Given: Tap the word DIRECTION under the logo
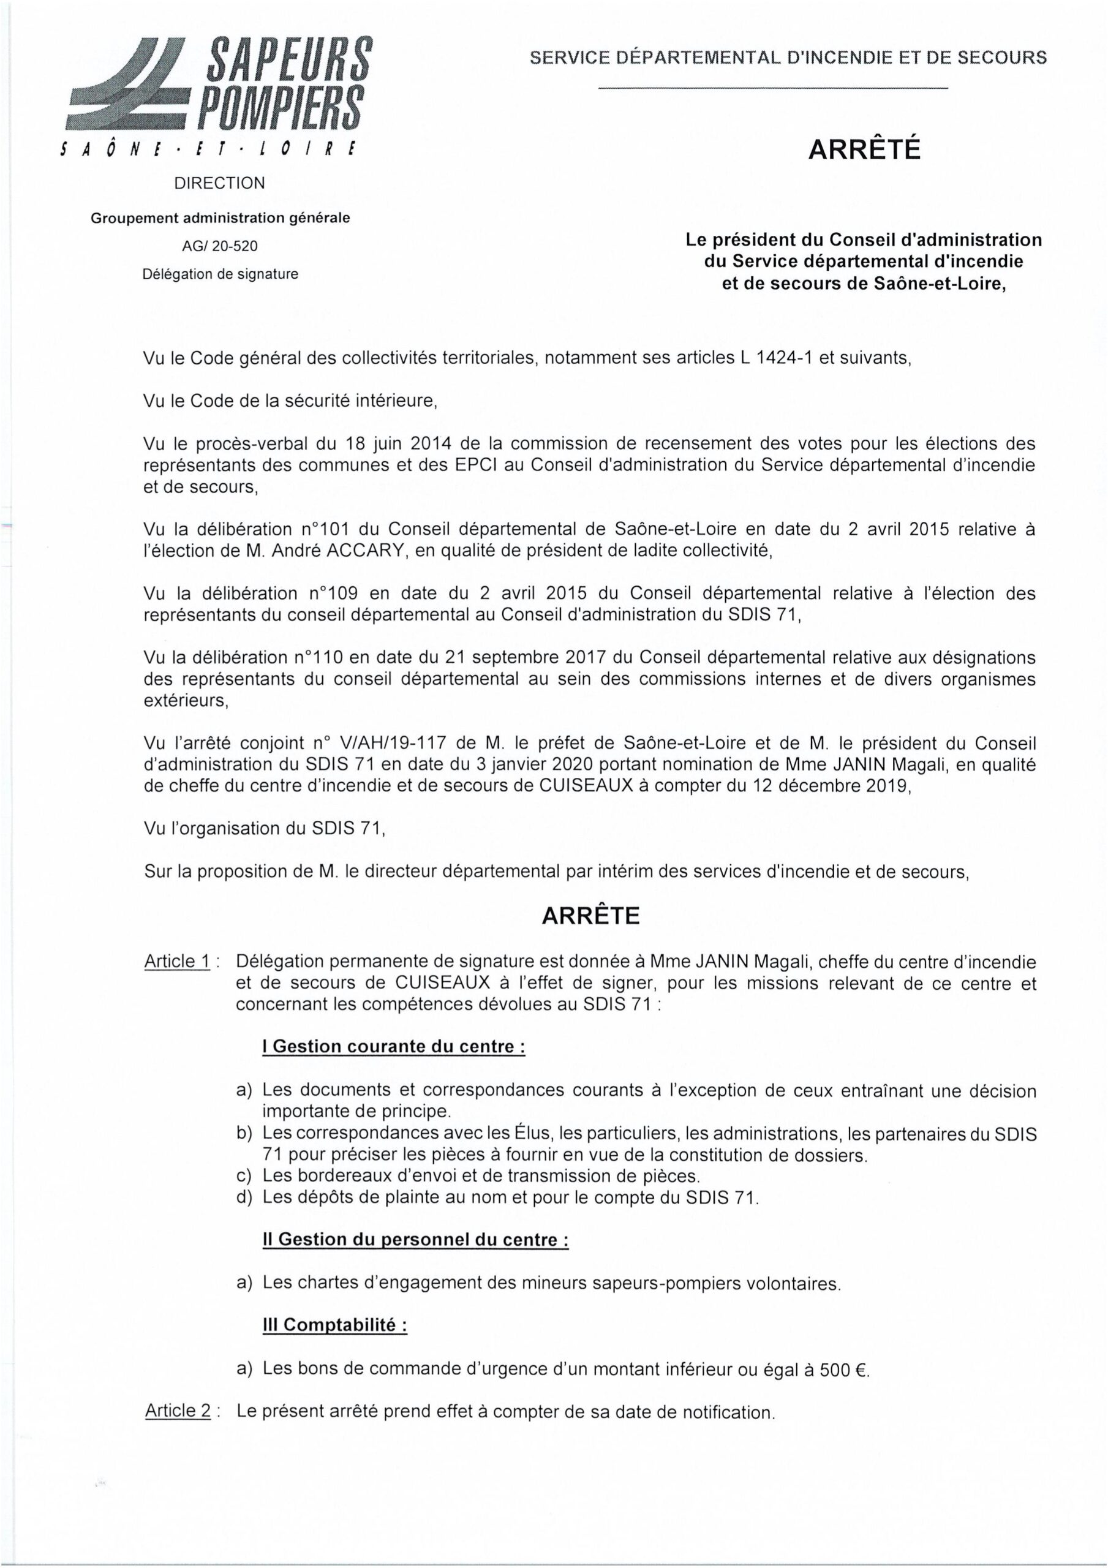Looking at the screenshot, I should (220, 183).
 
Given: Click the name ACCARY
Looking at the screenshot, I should (334, 551).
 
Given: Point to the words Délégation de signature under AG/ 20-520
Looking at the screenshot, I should (220, 274).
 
